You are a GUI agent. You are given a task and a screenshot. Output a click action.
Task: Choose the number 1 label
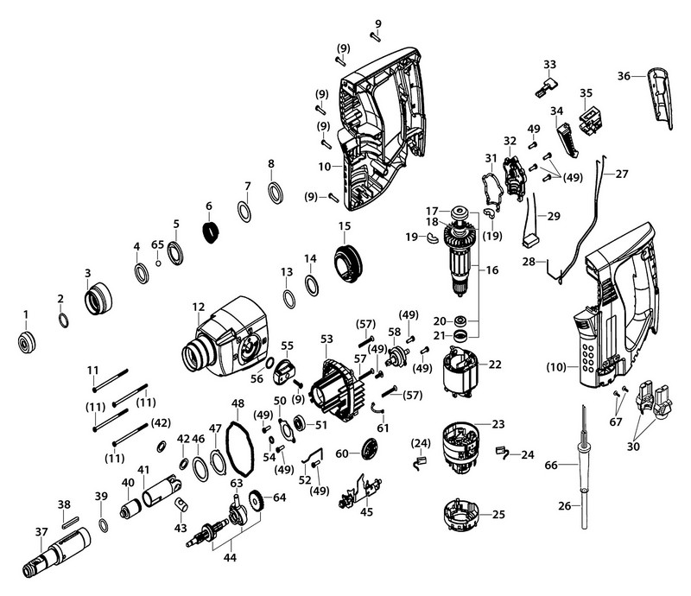[25, 312]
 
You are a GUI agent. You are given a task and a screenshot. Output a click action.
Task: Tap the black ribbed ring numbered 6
[209, 231]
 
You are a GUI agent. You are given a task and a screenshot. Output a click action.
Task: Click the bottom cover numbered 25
[462, 517]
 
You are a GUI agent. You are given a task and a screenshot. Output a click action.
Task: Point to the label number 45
[366, 512]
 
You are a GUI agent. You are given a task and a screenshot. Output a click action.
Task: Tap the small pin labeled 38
[70, 520]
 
